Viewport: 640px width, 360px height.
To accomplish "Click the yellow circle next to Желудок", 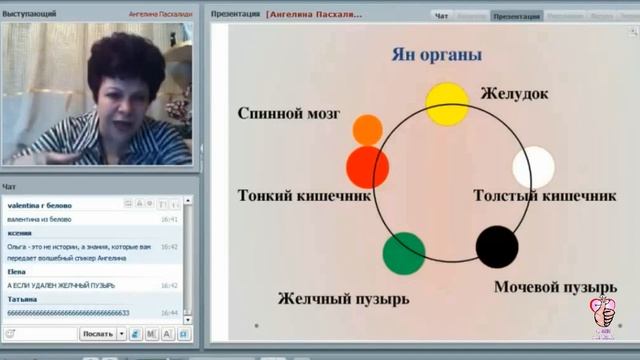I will [447, 104].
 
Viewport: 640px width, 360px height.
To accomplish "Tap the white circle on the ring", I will [533, 167].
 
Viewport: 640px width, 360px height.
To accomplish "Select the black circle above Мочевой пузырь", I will [497, 247].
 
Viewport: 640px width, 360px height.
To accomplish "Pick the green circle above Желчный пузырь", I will [404, 253].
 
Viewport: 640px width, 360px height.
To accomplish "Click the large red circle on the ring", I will [367, 167].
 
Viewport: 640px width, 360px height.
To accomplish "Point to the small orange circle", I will [368, 130].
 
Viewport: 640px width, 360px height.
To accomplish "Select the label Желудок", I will [515, 94].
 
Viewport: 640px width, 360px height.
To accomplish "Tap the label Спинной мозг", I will [284, 113].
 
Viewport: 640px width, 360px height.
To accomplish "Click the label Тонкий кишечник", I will [305, 195].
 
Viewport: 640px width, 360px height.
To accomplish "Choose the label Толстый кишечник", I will [544, 195].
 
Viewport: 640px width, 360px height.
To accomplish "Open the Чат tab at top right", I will [442, 16].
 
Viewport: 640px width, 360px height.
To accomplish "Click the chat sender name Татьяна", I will [23, 299].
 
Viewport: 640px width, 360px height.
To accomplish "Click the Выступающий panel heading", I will [29, 15].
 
